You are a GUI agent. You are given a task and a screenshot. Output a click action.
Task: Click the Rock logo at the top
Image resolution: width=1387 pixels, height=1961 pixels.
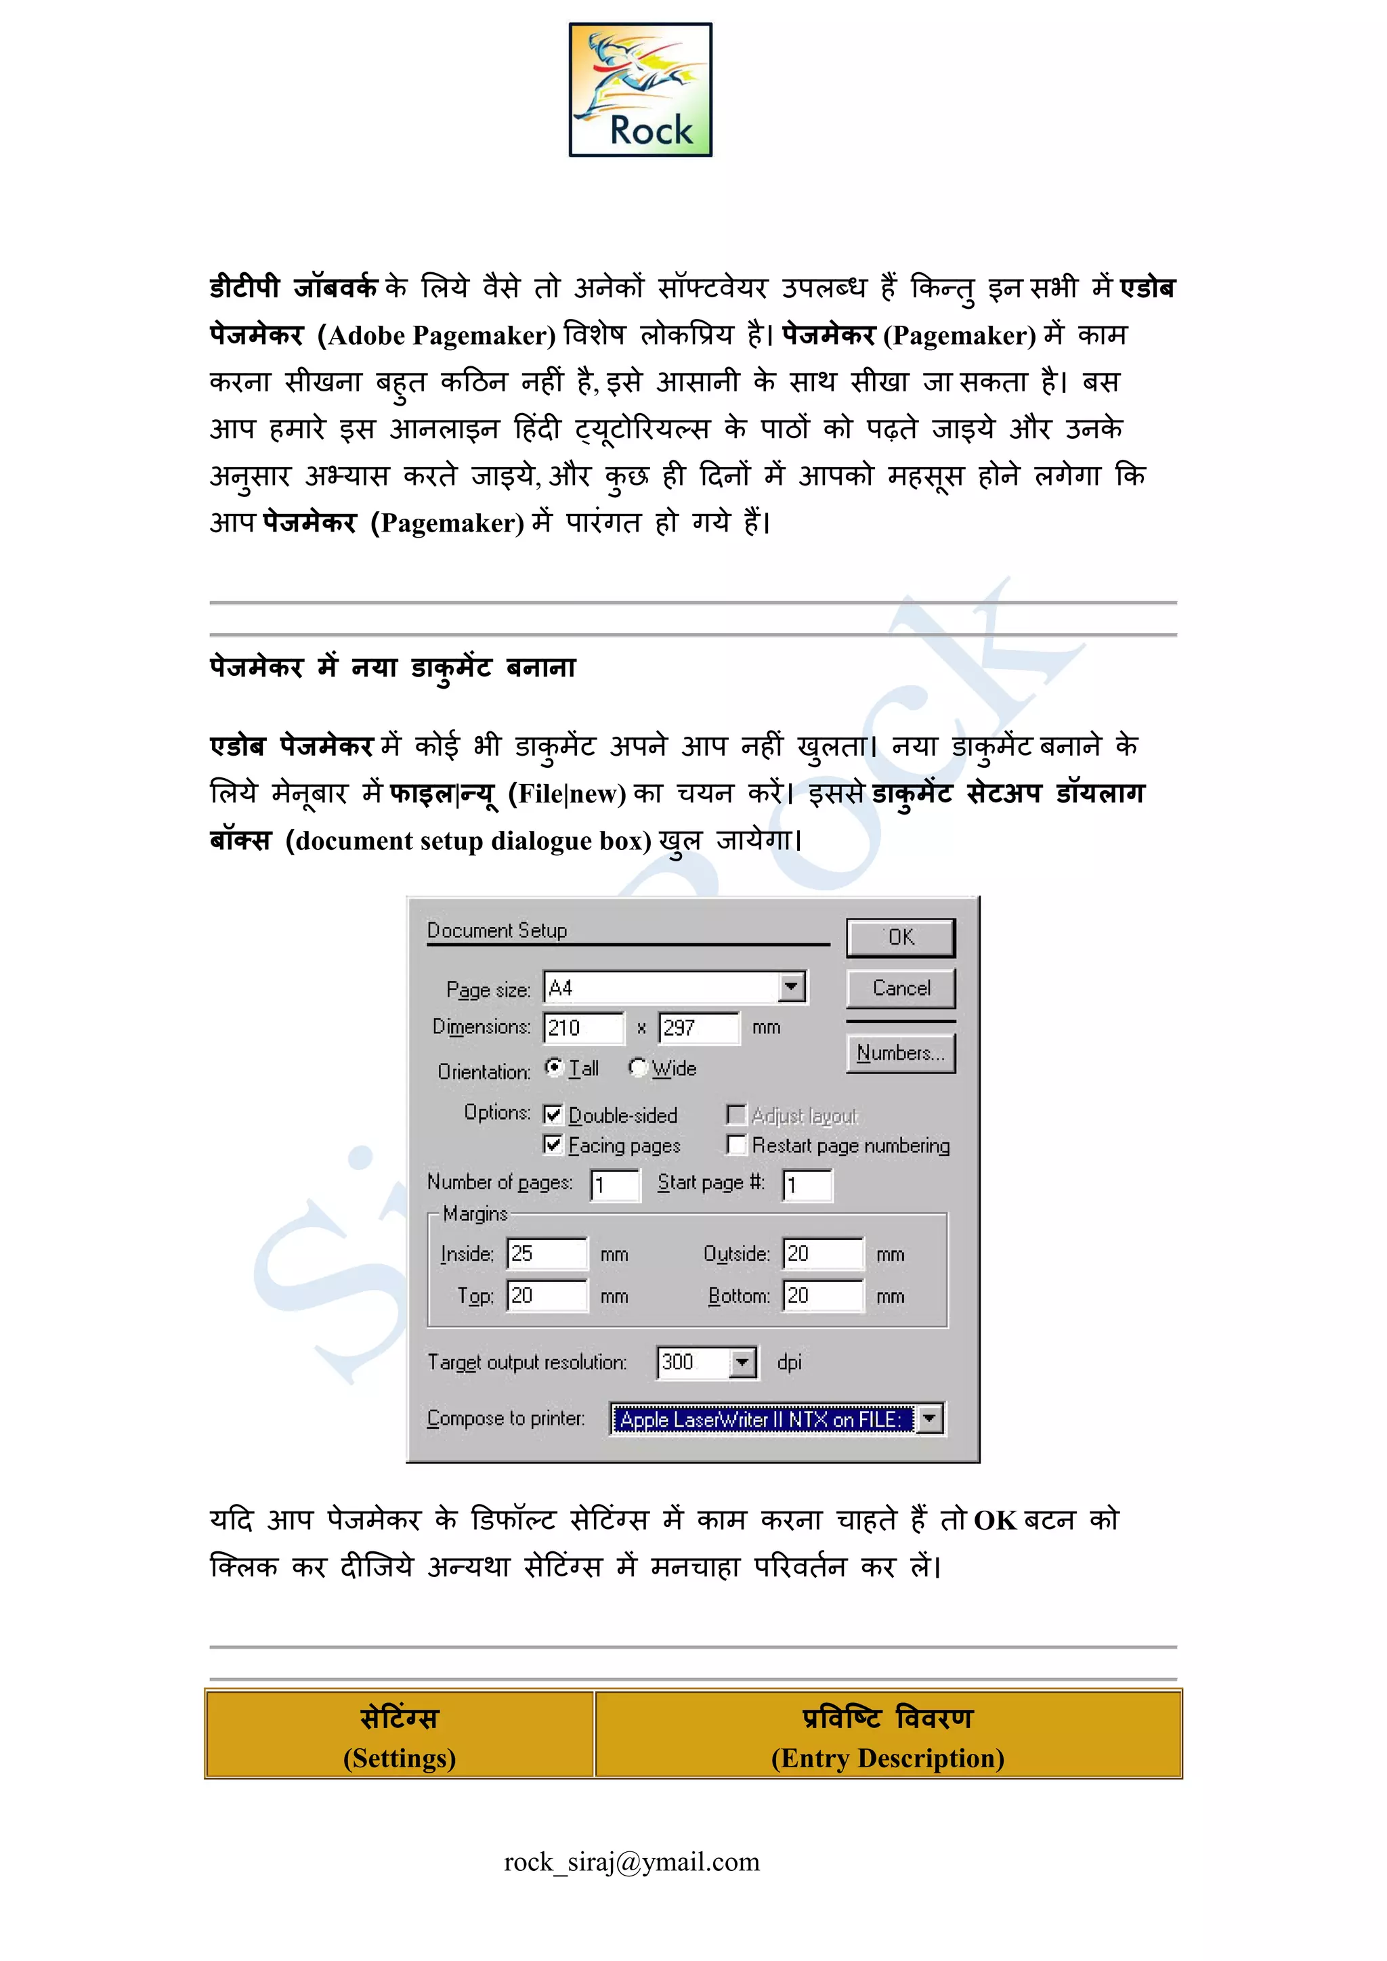click(x=641, y=89)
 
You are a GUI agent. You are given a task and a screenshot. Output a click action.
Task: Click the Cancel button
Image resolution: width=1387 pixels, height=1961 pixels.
click(x=901, y=988)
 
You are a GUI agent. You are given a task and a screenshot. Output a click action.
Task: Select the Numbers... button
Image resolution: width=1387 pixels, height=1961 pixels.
click(x=901, y=1053)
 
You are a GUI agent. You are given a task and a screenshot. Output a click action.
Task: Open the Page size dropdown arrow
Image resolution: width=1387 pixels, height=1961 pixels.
click(x=792, y=987)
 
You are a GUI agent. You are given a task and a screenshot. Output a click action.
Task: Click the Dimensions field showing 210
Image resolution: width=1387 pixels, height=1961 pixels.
click(x=583, y=1027)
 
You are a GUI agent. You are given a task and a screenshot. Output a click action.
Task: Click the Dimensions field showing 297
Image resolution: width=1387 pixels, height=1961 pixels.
click(x=699, y=1027)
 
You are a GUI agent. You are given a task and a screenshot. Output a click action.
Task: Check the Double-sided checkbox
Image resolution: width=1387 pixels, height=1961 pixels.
click(x=553, y=1115)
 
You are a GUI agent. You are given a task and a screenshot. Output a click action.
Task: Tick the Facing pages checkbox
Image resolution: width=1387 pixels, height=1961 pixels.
click(x=553, y=1144)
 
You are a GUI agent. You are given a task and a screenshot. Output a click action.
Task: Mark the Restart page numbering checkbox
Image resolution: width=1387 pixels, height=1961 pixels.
click(x=735, y=1144)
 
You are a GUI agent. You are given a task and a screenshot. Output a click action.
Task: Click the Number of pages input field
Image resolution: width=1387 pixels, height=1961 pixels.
click(x=615, y=1184)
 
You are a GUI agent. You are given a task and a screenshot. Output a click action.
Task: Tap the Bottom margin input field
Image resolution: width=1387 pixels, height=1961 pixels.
click(x=822, y=1295)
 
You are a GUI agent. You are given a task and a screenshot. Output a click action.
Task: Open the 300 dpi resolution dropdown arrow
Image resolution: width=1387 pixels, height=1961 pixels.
click(x=743, y=1362)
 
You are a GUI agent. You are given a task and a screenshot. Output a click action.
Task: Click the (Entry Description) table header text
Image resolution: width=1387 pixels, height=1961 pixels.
click(x=887, y=1759)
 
